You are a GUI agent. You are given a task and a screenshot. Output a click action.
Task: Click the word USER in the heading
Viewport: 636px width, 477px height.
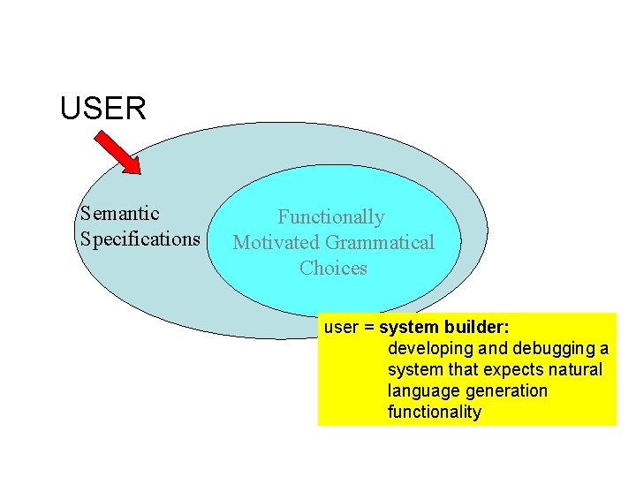pyautogui.click(x=102, y=109)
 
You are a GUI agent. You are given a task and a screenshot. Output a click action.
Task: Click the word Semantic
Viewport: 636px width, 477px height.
pyautogui.click(x=119, y=214)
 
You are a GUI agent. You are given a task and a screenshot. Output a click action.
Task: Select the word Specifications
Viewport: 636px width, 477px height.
pyautogui.click(x=140, y=239)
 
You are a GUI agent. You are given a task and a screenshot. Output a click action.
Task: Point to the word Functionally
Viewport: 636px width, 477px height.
pyautogui.click(x=331, y=217)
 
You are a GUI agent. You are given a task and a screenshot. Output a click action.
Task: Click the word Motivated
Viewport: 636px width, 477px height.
pyautogui.click(x=276, y=243)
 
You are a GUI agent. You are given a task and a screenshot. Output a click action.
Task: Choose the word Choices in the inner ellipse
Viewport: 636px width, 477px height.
pyautogui.click(x=333, y=269)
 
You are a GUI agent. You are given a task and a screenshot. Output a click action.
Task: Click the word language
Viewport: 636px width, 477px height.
pyautogui.click(x=424, y=391)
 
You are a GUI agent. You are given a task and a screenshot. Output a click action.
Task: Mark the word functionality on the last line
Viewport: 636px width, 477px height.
pyautogui.click(x=435, y=413)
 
